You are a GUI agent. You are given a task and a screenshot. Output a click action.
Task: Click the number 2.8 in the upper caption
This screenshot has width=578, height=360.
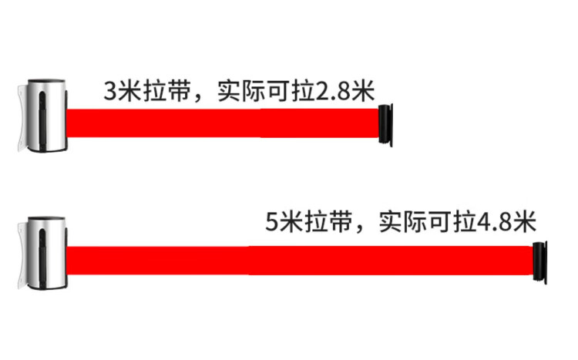(x=334, y=92)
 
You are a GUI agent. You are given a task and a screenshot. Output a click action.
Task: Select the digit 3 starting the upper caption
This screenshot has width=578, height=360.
(x=110, y=92)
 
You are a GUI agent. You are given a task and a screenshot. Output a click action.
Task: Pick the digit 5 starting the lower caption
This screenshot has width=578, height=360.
(x=271, y=224)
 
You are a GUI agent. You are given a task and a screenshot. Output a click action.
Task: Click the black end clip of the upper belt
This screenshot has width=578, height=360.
(x=386, y=123)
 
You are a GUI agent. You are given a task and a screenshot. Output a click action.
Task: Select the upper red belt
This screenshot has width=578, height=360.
(x=223, y=123)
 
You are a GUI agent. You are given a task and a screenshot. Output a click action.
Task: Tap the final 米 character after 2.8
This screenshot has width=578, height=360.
(x=363, y=92)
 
